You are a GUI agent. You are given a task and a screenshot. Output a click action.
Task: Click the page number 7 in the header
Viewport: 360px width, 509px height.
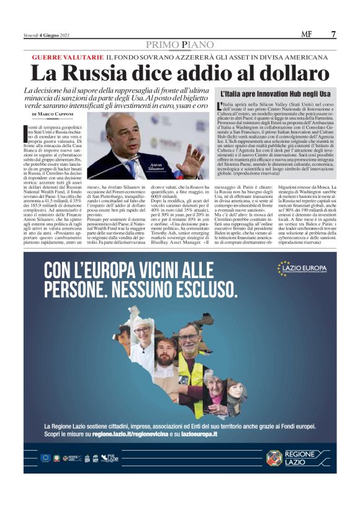tap(334, 34)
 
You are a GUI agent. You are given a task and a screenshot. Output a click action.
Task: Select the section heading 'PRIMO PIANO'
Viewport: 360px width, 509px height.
tap(179, 45)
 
